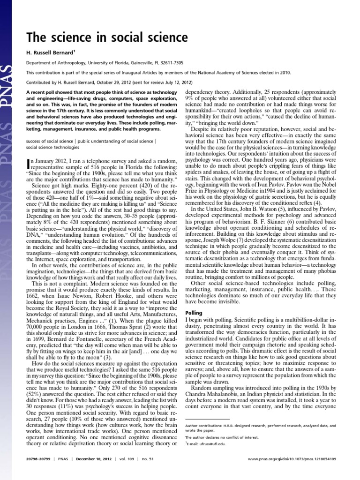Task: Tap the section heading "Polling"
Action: pos(194,312)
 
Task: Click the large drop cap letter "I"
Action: pos(27,164)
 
